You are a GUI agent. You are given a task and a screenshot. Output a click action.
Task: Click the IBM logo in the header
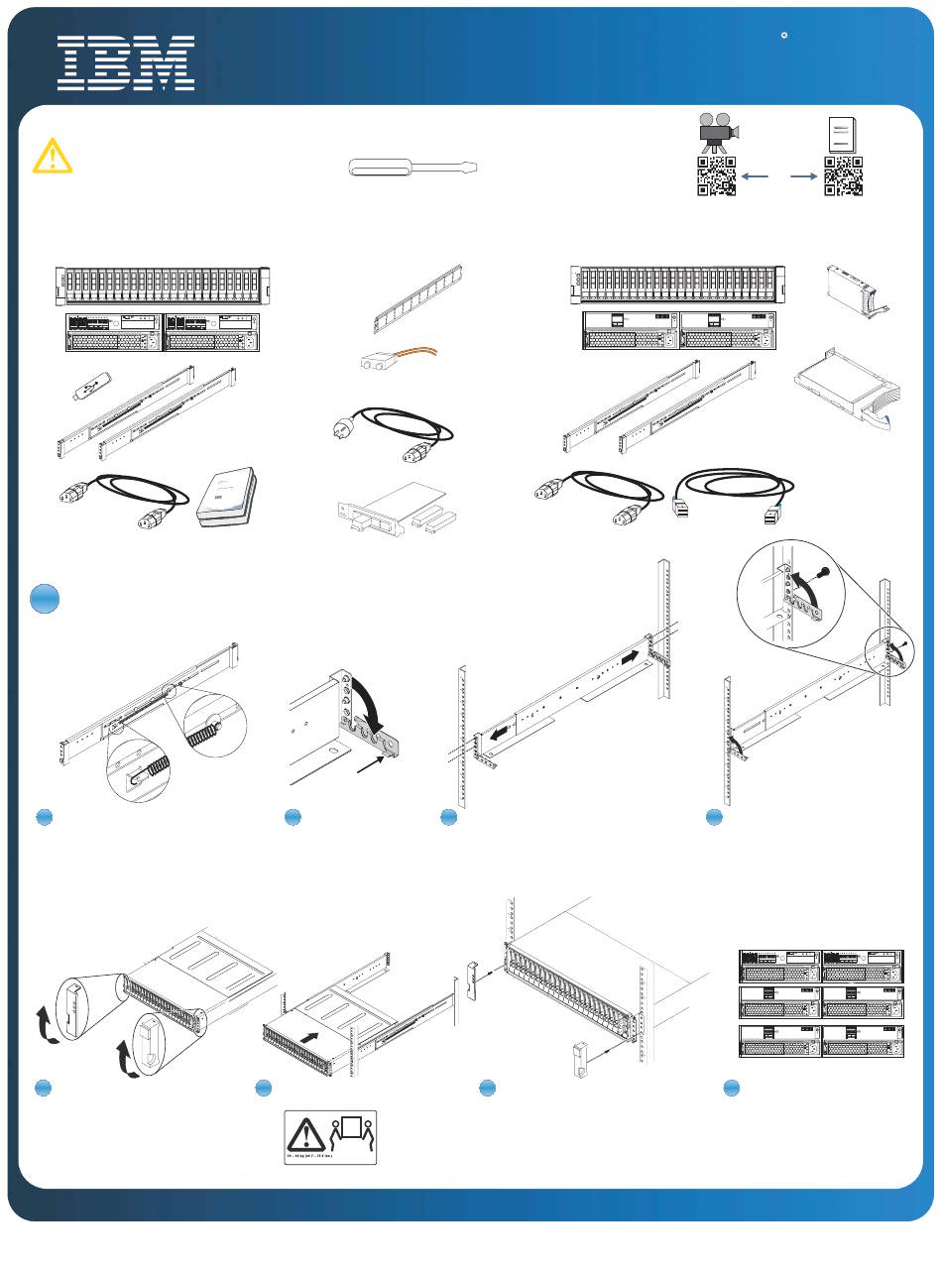(x=125, y=63)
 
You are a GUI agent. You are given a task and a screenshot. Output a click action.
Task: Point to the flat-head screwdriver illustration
(x=414, y=168)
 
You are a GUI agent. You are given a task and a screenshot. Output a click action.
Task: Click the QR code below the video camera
(x=717, y=176)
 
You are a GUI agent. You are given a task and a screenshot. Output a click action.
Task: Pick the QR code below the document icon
(x=844, y=176)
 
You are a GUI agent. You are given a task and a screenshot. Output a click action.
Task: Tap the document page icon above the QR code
(x=842, y=133)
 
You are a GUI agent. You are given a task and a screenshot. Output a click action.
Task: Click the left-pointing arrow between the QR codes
(x=756, y=176)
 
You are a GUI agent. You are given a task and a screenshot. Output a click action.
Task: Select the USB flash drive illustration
(x=89, y=388)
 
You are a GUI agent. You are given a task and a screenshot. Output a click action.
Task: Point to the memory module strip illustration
(x=417, y=299)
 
